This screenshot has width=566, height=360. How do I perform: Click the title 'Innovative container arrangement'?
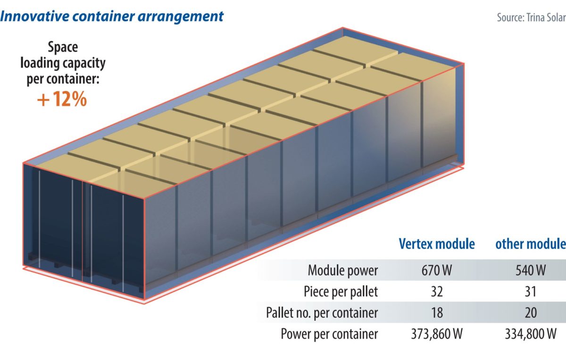(x=112, y=17)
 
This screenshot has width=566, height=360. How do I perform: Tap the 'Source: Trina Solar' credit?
(x=531, y=17)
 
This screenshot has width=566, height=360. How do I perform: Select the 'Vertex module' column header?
(x=437, y=244)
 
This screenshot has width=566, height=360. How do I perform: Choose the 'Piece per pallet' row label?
(x=341, y=292)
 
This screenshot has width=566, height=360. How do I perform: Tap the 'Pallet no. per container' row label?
(x=322, y=312)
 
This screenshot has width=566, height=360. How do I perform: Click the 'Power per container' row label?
(x=329, y=334)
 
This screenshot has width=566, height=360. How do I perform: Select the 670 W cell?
(x=437, y=271)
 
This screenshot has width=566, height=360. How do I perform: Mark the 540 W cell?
(x=531, y=271)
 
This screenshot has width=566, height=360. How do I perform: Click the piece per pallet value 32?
(x=437, y=292)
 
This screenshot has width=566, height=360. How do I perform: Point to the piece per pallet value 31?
(x=531, y=292)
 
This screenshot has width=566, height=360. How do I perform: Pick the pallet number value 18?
(x=437, y=312)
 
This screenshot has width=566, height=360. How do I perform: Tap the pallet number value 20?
(x=531, y=312)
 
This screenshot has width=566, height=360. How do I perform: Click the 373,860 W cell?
(x=437, y=334)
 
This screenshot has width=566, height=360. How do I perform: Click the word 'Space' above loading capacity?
(x=63, y=47)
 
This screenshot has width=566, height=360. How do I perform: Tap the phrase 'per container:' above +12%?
(x=62, y=78)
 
